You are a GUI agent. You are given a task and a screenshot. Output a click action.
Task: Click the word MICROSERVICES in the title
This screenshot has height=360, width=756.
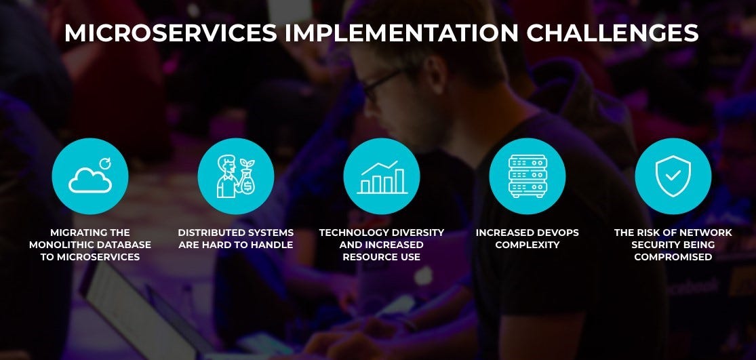pyautogui.click(x=169, y=33)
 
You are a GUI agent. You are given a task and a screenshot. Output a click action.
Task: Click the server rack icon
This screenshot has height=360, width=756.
pyautogui.click(x=527, y=176)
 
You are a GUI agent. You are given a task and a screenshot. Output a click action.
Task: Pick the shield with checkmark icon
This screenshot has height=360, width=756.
pyautogui.click(x=673, y=176)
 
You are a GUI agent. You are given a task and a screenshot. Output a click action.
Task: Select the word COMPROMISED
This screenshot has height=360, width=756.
pyautogui.click(x=673, y=257)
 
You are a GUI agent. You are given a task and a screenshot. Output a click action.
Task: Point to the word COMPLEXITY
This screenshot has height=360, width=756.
pyautogui.click(x=527, y=245)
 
